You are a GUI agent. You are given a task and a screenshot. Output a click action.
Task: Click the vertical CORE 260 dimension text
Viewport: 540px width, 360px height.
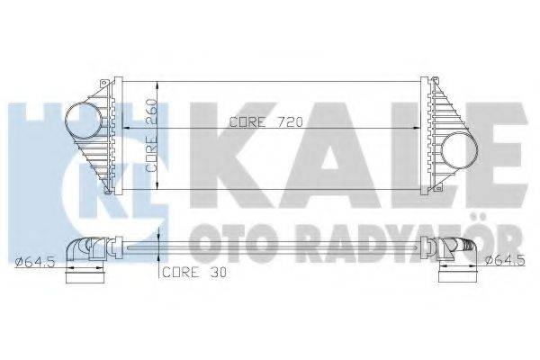tap(153, 135)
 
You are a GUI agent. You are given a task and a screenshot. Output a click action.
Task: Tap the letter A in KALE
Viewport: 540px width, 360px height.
tap(306, 148)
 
